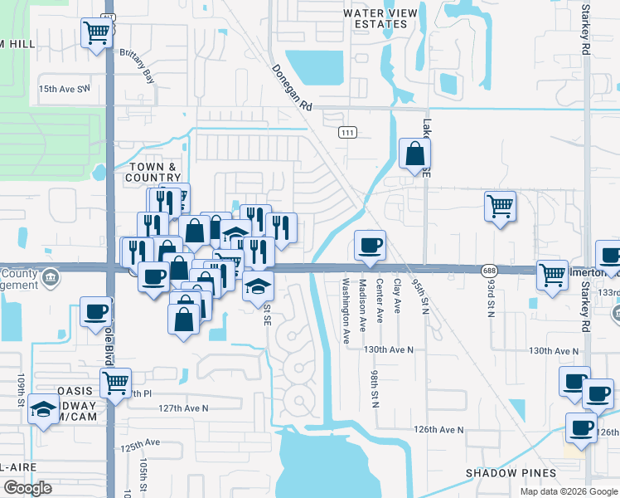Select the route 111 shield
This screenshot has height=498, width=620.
coord(347,133)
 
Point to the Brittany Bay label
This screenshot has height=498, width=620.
coord(138,75)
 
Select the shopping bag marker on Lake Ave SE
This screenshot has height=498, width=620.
coord(414,154)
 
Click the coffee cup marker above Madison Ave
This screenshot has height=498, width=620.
coord(369,244)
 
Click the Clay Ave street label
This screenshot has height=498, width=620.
coord(397,296)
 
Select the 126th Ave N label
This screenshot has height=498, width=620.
coord(439,430)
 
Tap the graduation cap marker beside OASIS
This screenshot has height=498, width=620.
coord(43,409)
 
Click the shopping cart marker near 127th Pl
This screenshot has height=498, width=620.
coord(114,383)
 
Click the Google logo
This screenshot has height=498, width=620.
coord(27,488)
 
